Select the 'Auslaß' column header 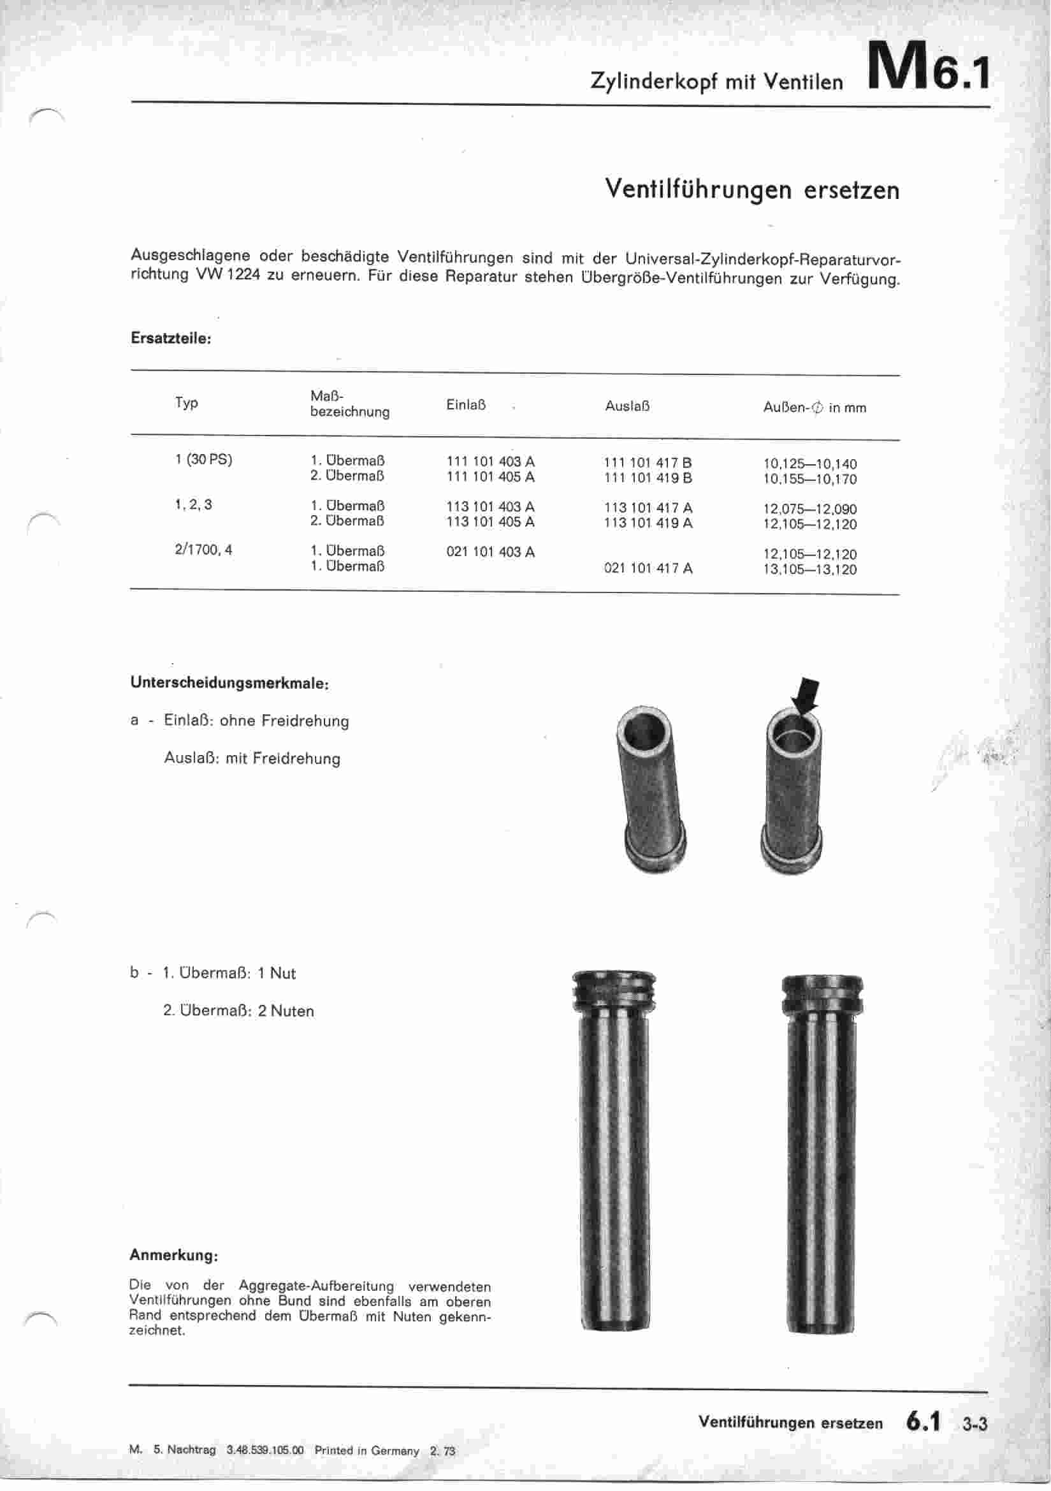627,406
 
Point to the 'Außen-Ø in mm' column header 814,408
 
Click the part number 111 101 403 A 490,462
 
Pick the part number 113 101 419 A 648,524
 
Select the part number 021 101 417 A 648,569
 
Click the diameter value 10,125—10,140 809,464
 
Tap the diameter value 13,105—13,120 809,570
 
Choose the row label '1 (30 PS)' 204,460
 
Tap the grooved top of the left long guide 614,991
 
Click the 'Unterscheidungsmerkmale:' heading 230,683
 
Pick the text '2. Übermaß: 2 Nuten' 238,1011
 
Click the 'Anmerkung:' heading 173,1255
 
